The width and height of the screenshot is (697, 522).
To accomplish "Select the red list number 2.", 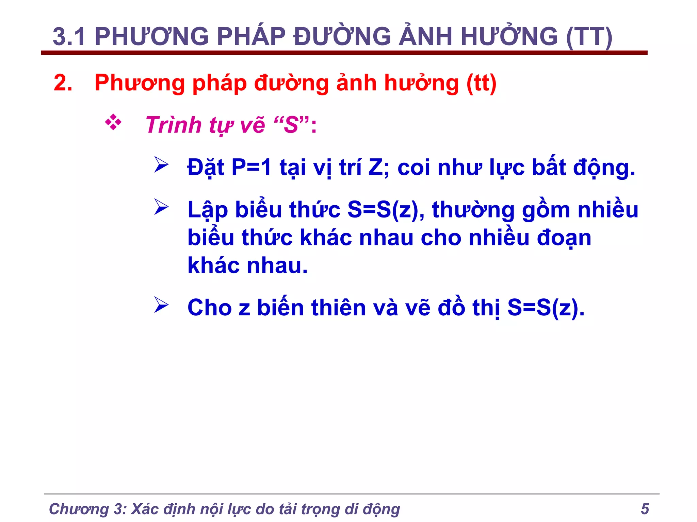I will pyautogui.click(x=63, y=83).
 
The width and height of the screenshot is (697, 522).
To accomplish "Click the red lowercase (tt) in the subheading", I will pyautogui.click(x=481, y=83).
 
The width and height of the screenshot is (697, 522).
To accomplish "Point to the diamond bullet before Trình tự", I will pyautogui.click(x=113, y=122).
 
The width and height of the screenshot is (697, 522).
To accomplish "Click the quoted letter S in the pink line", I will pyautogui.click(x=291, y=125).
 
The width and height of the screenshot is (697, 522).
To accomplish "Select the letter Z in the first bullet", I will pyautogui.click(x=376, y=167).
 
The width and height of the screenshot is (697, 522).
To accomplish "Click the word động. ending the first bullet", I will pyautogui.click(x=604, y=168).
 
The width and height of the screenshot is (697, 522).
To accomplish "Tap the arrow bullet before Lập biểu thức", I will pyautogui.click(x=161, y=207).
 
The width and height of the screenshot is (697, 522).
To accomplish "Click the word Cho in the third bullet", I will pyautogui.click(x=210, y=308).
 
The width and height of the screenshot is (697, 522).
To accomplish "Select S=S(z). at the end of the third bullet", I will pyautogui.click(x=546, y=308).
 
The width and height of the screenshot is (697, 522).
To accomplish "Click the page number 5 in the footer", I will pyautogui.click(x=645, y=509).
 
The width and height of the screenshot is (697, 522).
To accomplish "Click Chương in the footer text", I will pyautogui.click(x=79, y=509).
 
